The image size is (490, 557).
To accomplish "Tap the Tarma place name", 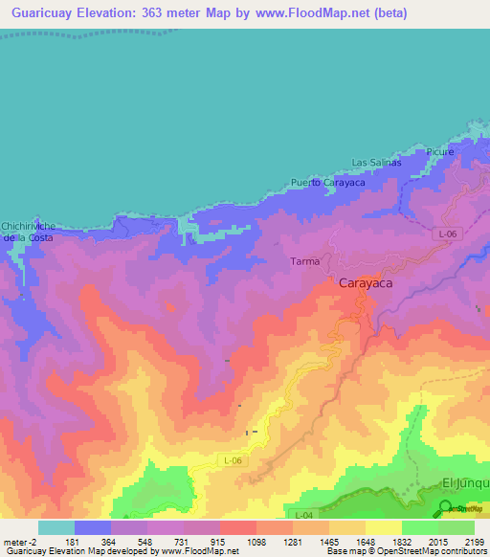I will pos(303,260).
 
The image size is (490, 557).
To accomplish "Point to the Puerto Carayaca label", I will pos(328,182).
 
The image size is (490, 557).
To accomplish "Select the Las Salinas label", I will pos(376,163).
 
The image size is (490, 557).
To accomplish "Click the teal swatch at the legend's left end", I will pos(56,527).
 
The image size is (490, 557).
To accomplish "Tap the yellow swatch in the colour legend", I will pos(383,527).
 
